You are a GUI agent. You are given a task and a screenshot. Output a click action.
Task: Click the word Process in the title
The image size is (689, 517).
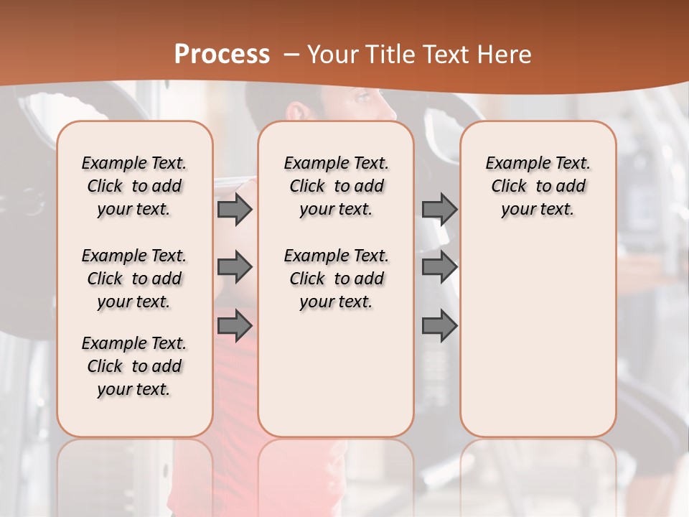pyautogui.click(x=222, y=54)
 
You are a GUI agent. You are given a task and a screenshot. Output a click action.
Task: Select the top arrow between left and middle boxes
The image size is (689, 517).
pyautogui.click(x=235, y=210)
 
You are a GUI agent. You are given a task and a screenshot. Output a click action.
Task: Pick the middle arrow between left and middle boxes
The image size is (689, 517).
pyautogui.click(x=235, y=268)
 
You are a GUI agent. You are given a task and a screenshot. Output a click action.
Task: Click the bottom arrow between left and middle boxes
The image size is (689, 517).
pyautogui.click(x=235, y=325)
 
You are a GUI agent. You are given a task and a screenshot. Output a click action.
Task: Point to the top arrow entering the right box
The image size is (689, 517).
pyautogui.click(x=439, y=210)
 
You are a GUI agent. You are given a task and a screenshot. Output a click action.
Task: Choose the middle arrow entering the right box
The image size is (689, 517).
pyautogui.click(x=439, y=268)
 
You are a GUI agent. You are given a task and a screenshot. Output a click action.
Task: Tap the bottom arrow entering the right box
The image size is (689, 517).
pyautogui.click(x=439, y=325)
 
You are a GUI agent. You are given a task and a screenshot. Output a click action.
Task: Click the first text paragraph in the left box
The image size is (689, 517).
pyautogui.click(x=134, y=186)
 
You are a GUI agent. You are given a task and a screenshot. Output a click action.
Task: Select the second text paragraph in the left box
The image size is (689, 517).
pyautogui.click(x=134, y=279)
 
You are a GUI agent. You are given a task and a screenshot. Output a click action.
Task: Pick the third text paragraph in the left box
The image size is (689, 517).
pyautogui.click(x=134, y=366)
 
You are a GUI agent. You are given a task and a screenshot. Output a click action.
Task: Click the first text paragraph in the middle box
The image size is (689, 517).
pyautogui.click(x=336, y=186)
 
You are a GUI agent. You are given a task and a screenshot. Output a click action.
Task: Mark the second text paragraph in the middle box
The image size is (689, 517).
pyautogui.click(x=336, y=279)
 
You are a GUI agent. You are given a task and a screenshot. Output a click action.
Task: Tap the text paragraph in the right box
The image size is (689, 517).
pyautogui.click(x=538, y=186)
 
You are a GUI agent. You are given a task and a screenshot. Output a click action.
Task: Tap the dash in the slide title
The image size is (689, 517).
pyautogui.click(x=291, y=55)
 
